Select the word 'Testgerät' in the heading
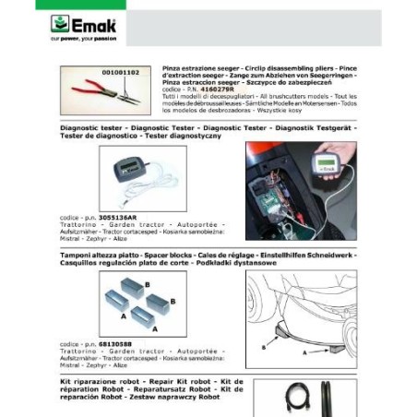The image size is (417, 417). (334, 127)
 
